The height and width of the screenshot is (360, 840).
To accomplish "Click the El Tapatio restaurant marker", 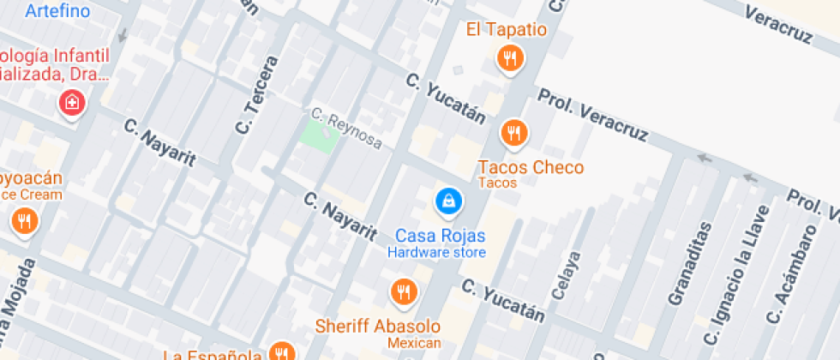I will click(511, 58).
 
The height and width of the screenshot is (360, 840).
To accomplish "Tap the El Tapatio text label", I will click(507, 30).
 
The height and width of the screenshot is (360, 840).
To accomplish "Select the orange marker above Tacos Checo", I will click(513, 132).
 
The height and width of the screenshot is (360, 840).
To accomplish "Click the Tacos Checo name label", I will click(531, 167).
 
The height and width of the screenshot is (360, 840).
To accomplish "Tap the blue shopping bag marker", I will click(447, 201).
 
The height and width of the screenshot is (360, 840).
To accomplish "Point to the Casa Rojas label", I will click(441, 236).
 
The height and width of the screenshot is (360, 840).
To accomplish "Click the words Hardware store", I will click(436, 252).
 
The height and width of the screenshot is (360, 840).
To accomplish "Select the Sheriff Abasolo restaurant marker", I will click(402, 292).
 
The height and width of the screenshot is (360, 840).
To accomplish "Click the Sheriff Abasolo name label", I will click(378, 327).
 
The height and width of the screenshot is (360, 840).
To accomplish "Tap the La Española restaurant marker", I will click(281, 351).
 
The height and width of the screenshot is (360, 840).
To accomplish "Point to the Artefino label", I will click(58, 11).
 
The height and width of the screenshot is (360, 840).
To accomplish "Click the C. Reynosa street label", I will click(346, 128).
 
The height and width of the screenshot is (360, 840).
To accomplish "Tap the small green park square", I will click(318, 135).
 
